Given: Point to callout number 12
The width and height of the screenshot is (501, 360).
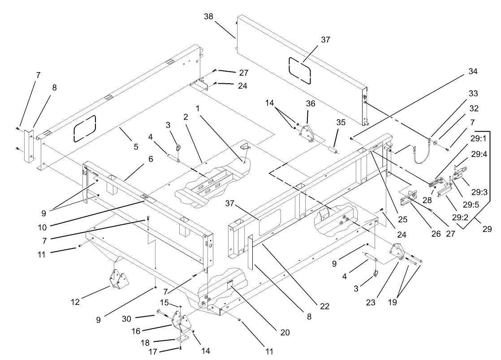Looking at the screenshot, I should (x=75, y=302).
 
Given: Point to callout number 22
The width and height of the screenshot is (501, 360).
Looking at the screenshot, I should (x=324, y=306).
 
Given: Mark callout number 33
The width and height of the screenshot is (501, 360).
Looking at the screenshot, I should (x=473, y=94).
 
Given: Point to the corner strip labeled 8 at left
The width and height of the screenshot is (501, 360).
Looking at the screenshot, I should (x=30, y=146).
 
